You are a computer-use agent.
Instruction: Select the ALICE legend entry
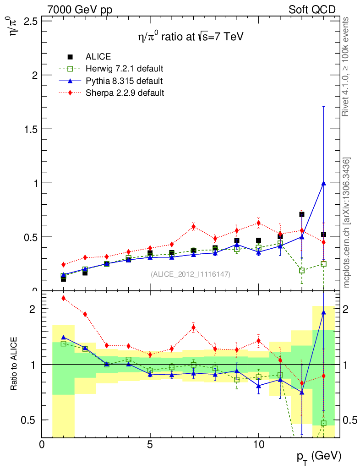coord(98,57)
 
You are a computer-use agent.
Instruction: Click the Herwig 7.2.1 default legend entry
coord(124,69)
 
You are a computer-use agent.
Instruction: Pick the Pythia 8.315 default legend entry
coord(124,81)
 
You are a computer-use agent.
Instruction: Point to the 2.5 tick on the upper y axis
coord(30,22)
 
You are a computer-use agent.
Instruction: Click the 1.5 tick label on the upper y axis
coord(30,129)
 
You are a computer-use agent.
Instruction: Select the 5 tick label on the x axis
coord(150,445)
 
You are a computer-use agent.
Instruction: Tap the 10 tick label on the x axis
coord(258,445)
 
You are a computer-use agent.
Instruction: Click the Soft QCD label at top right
coord(312,10)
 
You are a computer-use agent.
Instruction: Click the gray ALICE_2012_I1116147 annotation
coord(191,274)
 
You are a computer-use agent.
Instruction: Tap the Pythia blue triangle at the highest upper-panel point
coord(323,183)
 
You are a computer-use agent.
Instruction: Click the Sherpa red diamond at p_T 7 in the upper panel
coord(193,226)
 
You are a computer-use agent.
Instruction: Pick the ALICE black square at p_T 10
coord(258,240)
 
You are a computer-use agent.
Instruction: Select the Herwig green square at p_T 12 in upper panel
coord(302,270)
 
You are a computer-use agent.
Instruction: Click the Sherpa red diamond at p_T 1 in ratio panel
coord(64,298)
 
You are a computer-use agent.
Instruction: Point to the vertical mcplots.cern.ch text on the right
coord(347,223)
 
